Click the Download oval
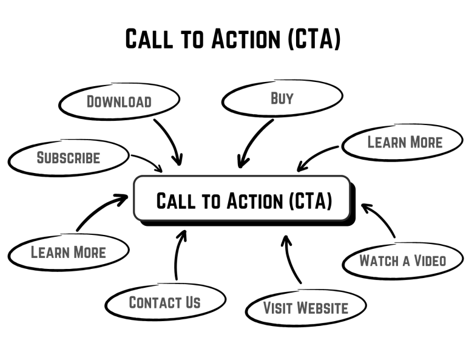pos(119,101)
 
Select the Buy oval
pos(282,98)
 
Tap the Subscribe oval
pos(69,157)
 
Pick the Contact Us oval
pos(164,302)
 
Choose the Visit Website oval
pos(305,308)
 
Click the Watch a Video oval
pos(402,260)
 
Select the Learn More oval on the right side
pos(405,142)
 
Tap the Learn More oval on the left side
pos(68,251)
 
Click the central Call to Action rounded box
pos(243,199)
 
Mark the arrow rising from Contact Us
pos(177,255)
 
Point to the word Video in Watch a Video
pos(430,260)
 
